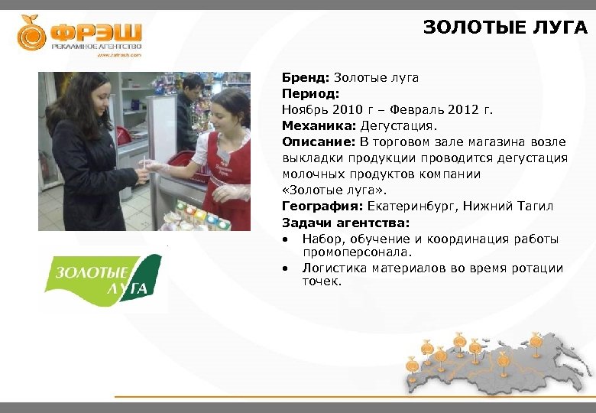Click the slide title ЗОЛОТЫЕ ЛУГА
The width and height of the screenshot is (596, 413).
(x=505, y=28)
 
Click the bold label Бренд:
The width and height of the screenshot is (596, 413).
(x=306, y=78)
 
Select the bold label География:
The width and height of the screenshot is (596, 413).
(x=322, y=206)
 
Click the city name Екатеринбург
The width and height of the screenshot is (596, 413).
(x=410, y=206)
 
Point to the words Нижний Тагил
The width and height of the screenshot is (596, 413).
(x=509, y=206)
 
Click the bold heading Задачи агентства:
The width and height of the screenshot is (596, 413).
(x=345, y=223)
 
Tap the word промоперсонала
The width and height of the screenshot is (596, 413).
(x=357, y=251)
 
